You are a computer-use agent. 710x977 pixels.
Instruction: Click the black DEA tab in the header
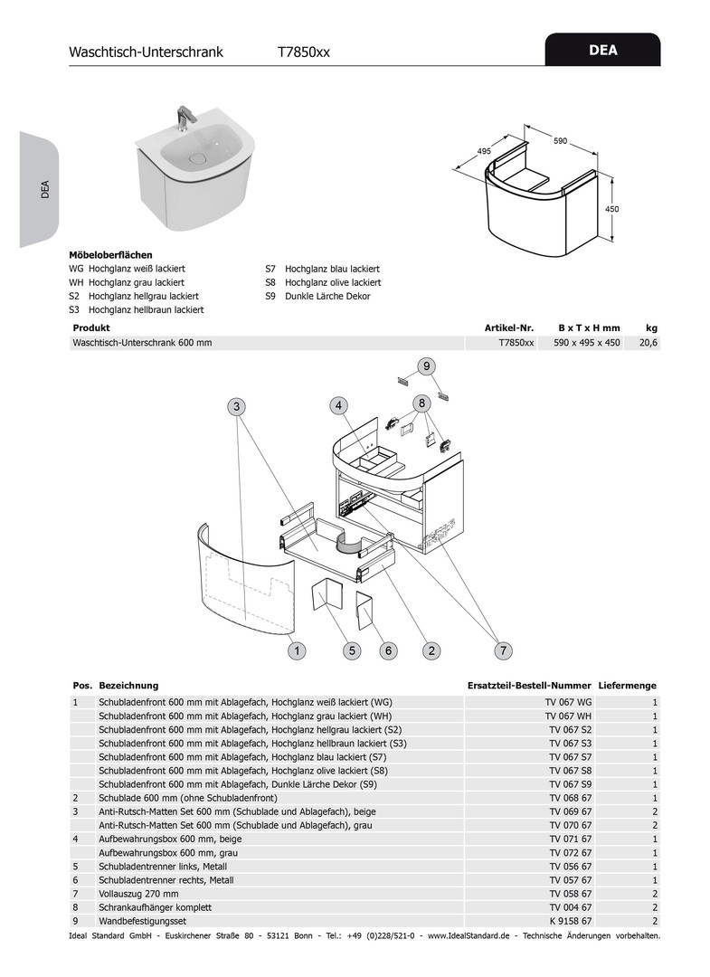tap(602, 51)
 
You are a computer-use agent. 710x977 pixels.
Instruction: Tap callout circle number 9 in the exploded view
tap(425, 365)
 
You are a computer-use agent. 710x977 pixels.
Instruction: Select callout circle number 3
tap(237, 406)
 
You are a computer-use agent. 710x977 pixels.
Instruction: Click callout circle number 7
tap(504, 650)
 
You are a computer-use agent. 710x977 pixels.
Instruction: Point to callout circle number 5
tap(352, 650)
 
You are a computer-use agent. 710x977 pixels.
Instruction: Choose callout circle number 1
tap(296, 650)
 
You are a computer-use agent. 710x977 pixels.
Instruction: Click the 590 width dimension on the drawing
tap(560, 141)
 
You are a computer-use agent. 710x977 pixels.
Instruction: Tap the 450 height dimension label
tap(612, 209)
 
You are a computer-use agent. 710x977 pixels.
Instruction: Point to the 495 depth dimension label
tap(484, 152)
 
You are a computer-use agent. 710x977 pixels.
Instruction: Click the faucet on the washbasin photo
tap(187, 116)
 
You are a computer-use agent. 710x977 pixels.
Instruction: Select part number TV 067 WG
tap(569, 702)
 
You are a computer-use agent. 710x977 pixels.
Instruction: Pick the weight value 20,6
tap(649, 343)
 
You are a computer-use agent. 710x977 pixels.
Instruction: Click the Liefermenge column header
tap(627, 686)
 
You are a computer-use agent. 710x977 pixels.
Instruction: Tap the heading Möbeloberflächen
tap(110, 255)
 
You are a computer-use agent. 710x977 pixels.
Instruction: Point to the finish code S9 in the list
tap(270, 296)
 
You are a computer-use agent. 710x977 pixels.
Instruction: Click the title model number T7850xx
tap(304, 52)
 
